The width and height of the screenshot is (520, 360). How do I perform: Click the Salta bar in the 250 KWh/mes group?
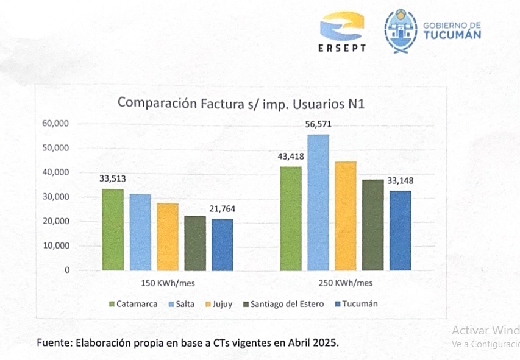[x=318, y=202]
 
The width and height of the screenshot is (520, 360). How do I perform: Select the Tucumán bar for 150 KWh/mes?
[x=223, y=244]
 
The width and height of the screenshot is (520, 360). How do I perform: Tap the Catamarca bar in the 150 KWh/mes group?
[x=113, y=230]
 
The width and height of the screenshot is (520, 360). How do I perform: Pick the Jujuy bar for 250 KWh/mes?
[x=346, y=216]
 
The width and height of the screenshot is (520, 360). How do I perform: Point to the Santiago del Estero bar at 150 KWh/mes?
[x=195, y=243]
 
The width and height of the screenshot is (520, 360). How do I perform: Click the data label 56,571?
[x=319, y=125]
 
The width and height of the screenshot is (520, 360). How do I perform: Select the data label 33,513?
[x=113, y=178]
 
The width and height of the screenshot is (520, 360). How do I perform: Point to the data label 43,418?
[x=291, y=156]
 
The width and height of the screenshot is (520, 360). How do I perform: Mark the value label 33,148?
[x=400, y=180]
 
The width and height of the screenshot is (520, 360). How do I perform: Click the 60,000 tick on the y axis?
[x=57, y=124]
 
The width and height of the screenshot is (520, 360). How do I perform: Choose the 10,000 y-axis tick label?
[x=57, y=246]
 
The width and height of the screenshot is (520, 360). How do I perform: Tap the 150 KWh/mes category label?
[x=168, y=283]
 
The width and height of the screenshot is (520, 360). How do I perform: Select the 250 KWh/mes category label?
[x=345, y=283]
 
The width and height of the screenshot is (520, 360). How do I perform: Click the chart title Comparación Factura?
[x=241, y=102]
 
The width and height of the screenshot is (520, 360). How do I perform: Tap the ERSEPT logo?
[x=342, y=32]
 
